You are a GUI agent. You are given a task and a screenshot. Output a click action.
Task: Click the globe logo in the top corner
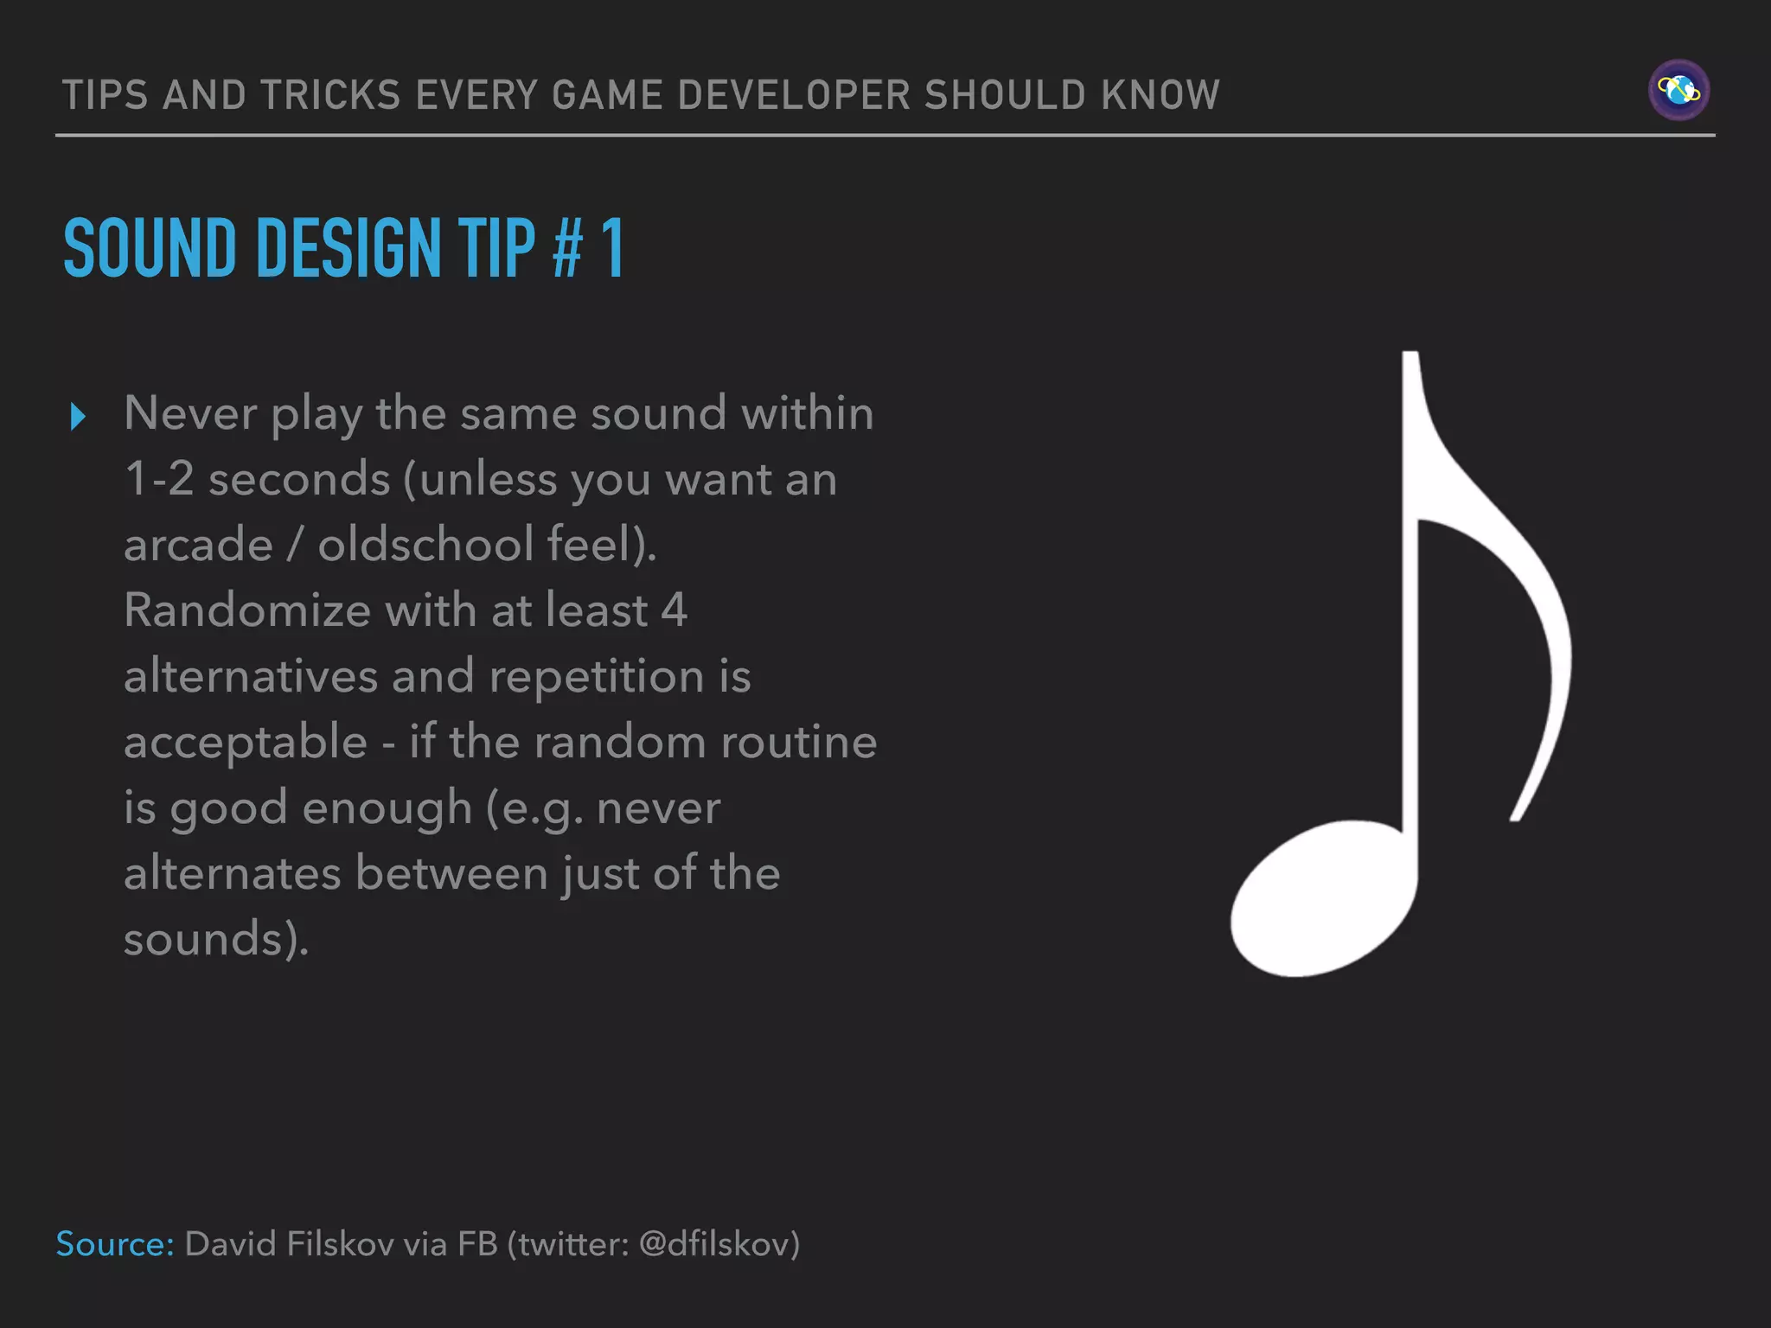[x=1678, y=90]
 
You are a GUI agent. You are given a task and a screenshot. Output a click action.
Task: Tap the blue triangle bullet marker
[x=78, y=417]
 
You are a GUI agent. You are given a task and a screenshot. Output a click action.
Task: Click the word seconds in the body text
[x=299, y=480]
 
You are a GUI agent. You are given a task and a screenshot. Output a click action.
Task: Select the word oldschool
[x=425, y=546]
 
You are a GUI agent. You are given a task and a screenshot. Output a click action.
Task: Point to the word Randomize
[x=247, y=610]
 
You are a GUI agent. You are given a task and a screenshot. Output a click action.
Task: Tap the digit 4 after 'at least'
[x=674, y=610]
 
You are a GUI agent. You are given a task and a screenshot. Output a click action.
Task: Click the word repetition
[x=597, y=676]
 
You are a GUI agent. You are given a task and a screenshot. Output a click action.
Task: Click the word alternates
[x=232, y=873]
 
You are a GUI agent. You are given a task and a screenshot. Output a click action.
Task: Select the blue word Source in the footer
[x=114, y=1244]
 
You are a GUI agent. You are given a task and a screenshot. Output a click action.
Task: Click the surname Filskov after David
[x=340, y=1244]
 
